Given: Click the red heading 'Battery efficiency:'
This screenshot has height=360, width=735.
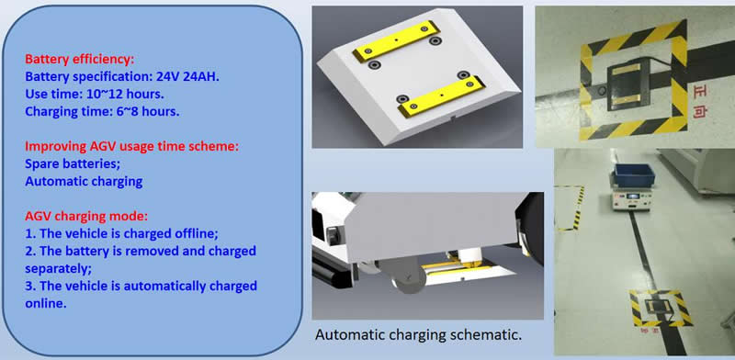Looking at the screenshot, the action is pyautogui.click(x=79, y=60).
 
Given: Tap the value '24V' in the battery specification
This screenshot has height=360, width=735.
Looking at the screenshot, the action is pyautogui.click(x=168, y=77).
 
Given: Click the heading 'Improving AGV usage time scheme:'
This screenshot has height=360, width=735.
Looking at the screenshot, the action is pyautogui.click(x=131, y=146).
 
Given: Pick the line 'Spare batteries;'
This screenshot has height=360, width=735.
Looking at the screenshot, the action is pyautogui.click(x=63, y=164).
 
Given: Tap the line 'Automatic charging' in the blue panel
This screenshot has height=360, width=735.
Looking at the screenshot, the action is pyautogui.click(x=84, y=182).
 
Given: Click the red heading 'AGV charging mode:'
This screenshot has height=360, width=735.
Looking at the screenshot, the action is pyautogui.click(x=86, y=216).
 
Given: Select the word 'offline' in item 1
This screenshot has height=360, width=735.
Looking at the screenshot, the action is pyautogui.click(x=198, y=233).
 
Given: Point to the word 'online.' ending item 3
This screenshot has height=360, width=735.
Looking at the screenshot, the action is pyautogui.click(x=45, y=303).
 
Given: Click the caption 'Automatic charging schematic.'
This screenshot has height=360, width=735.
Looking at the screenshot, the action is pyautogui.click(x=418, y=335).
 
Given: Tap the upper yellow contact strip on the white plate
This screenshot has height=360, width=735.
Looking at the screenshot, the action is pyautogui.click(x=396, y=40).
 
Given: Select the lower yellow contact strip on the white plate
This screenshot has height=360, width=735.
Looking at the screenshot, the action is pyautogui.click(x=441, y=96).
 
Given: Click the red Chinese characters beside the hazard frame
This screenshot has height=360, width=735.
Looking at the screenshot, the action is pyautogui.click(x=703, y=101).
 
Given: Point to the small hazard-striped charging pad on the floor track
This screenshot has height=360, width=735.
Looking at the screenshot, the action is pyautogui.click(x=661, y=308).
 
